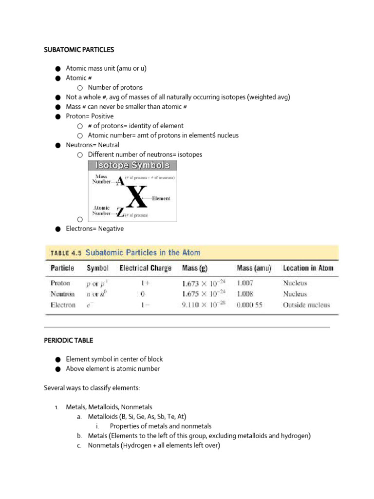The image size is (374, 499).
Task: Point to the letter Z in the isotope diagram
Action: tap(120, 213)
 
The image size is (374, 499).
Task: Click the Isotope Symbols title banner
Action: tap(132, 166)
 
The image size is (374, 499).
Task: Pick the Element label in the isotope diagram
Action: tap(161, 199)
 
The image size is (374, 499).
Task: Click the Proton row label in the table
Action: tap(60, 283)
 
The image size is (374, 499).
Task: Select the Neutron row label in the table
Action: tap(63, 294)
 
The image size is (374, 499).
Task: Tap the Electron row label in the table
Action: tap(63, 306)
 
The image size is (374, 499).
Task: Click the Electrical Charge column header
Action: tap(146, 268)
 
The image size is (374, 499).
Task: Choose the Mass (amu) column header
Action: tap(254, 268)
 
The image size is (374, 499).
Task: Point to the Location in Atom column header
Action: tap(308, 268)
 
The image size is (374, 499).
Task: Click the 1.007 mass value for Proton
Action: tap(245, 283)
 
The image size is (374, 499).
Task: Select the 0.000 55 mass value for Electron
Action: tap(249, 306)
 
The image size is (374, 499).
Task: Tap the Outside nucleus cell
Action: tap(306, 306)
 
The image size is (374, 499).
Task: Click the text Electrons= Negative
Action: tap(95, 229)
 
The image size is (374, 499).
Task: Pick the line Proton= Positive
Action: tap(90, 116)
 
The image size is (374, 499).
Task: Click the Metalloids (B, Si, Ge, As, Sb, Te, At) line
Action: tap(137, 417)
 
